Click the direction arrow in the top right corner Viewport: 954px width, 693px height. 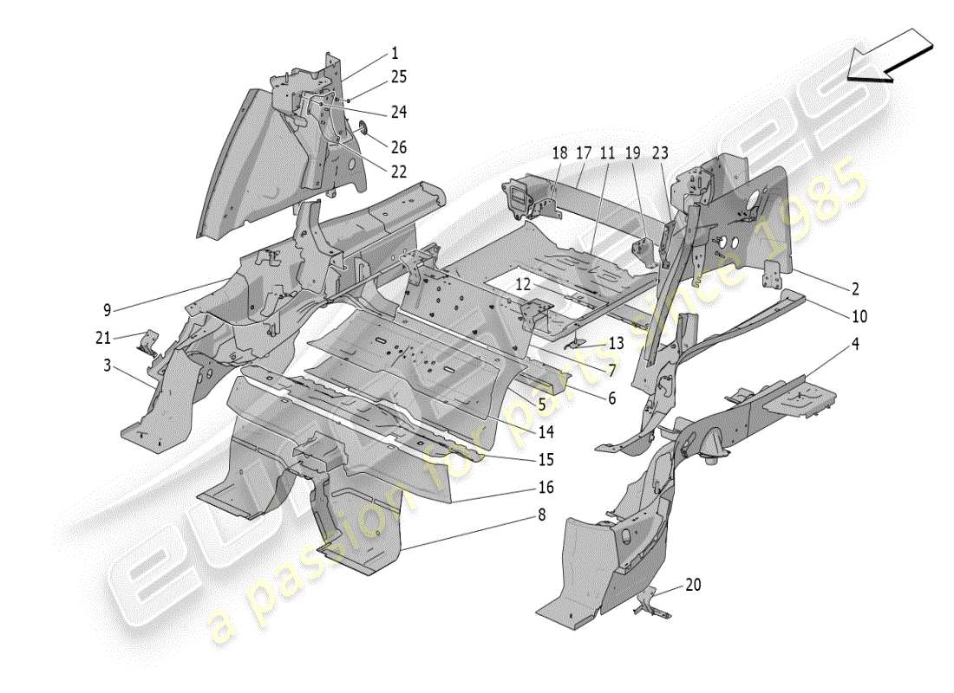(891, 55)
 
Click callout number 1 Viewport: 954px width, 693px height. (395, 53)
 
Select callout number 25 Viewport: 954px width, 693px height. (398, 77)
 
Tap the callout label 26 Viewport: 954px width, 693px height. (398, 147)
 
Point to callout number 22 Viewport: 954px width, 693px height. (398, 172)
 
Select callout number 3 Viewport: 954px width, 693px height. (107, 366)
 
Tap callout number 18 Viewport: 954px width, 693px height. (559, 152)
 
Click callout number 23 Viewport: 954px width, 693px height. (660, 152)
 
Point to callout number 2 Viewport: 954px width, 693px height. (854, 288)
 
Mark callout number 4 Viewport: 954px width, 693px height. (854, 344)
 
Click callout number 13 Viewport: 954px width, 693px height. (615, 343)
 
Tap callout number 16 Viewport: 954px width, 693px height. (544, 488)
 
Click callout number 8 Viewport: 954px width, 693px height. (541, 515)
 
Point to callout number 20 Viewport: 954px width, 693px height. (693, 585)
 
